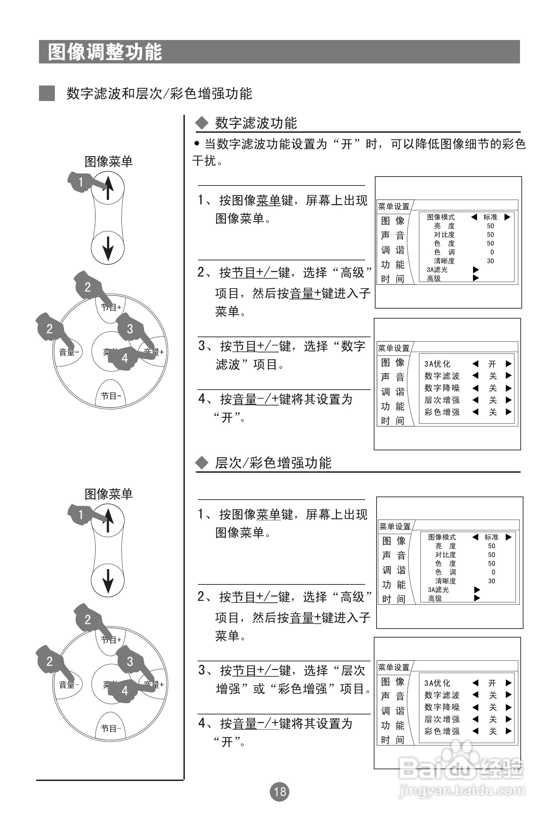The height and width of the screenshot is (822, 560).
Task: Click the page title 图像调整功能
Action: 105,52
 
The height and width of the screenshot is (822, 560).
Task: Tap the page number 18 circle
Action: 279,792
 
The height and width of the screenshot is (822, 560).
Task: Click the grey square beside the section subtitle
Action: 47,93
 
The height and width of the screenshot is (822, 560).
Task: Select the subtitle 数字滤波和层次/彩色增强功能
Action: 159,94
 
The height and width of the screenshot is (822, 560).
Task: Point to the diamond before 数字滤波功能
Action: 202,123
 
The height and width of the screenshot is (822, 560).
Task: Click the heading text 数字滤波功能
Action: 256,123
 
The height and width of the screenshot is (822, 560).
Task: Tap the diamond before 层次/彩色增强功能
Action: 202,463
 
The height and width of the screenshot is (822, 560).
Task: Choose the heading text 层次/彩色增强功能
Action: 273,463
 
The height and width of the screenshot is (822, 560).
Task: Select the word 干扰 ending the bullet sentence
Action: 204,161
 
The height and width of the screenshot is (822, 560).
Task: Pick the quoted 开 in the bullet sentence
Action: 347,144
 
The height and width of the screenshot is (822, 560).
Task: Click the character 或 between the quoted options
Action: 259,689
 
